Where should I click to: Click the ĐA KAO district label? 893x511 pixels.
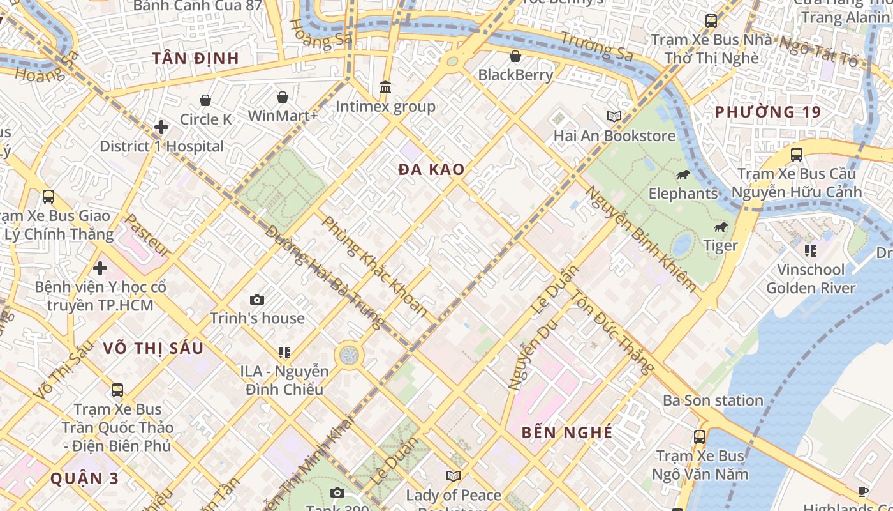431,170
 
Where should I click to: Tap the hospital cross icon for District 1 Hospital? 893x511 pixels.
161,127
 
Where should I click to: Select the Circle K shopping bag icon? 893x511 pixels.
205,100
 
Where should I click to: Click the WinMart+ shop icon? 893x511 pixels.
283,97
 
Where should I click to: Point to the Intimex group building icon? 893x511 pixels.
385,87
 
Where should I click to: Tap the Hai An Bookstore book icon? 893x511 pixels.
614,117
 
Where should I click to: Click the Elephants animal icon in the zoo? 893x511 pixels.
683,174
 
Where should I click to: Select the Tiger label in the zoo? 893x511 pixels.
720,245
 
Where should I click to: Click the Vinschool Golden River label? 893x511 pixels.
810,278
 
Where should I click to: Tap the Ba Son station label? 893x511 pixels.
712,400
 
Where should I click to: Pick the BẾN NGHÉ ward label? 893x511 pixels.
566,432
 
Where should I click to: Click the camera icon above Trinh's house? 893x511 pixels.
257,300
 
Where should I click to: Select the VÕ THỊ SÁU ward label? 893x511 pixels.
153,348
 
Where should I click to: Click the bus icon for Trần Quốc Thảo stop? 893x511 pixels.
117,390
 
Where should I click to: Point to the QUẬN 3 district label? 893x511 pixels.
84,478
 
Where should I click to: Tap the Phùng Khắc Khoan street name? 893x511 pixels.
374,266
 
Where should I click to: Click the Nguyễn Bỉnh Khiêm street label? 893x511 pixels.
641,240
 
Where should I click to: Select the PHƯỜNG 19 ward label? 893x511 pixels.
767,112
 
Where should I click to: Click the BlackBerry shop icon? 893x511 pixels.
515,56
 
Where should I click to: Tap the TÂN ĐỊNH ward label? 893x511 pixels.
195,58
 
